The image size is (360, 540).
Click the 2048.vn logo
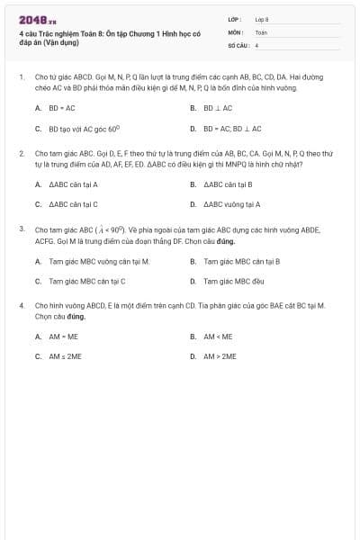click(x=38, y=20)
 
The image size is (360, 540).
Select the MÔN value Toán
click(x=261, y=31)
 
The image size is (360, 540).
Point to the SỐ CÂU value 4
click(x=256, y=44)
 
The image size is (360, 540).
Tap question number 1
click(x=22, y=77)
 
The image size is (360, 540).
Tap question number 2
click(x=22, y=154)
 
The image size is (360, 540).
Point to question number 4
click(x=22, y=306)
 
